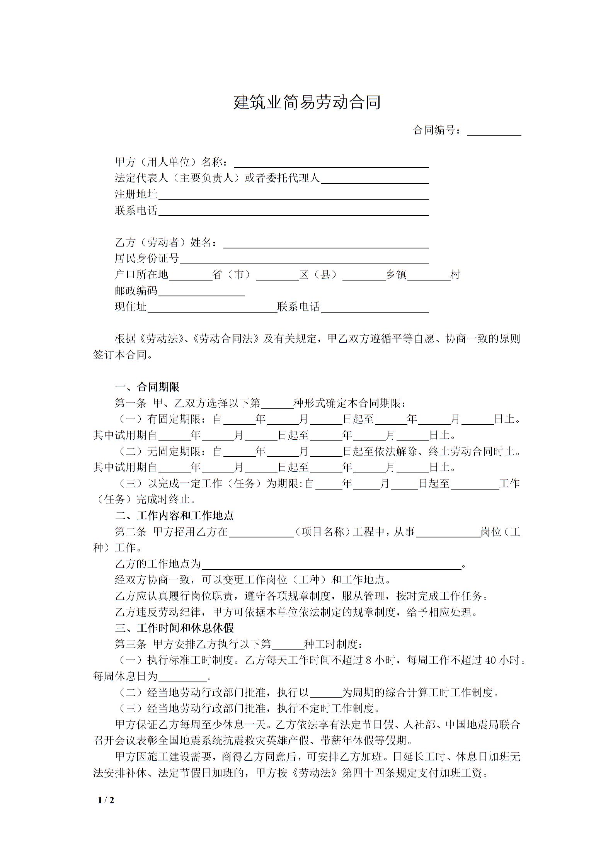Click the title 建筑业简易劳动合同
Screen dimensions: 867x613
(307, 102)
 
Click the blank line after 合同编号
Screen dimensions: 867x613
(494, 131)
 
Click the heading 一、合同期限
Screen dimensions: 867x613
(147, 387)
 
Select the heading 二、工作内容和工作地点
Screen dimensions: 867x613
(174, 515)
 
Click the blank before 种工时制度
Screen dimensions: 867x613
(288, 644)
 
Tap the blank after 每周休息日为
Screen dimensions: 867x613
(183, 677)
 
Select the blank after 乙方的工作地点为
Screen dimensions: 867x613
(332, 564)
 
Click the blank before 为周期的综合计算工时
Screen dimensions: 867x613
(326, 693)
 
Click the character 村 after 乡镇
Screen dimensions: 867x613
(455, 275)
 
